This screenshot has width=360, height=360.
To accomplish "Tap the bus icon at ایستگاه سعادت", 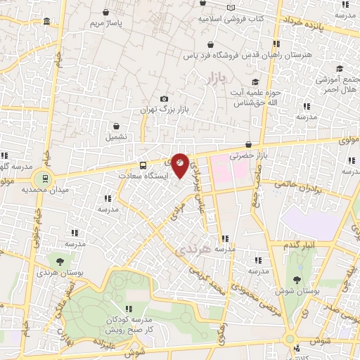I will coord(143,165).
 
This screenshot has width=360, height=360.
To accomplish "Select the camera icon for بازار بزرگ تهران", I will coord(164,99).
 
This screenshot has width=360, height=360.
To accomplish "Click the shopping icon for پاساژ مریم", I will coord(105,12).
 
